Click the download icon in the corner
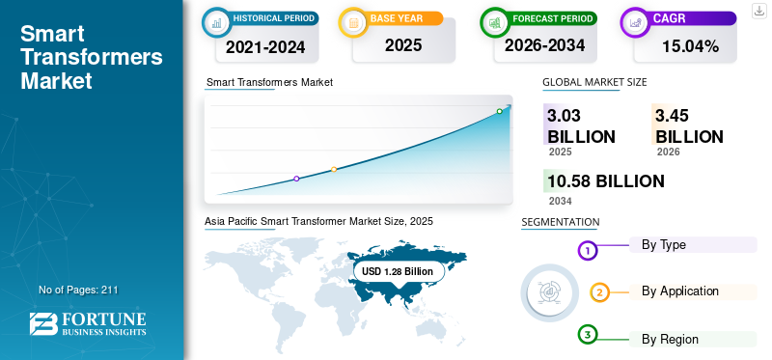pyautogui.click(x=759, y=11)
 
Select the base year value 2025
pyautogui.click(x=403, y=45)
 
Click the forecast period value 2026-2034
pyautogui.click(x=544, y=45)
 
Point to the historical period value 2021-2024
pyautogui.click(x=265, y=46)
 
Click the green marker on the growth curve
pyautogui.click(x=499, y=111)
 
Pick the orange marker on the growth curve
pyautogui.click(x=334, y=170)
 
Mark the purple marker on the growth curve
pyautogui.click(x=296, y=179)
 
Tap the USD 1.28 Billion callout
pyautogui.click(x=398, y=271)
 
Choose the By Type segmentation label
pyautogui.click(x=663, y=245)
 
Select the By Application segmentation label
pyautogui.click(x=680, y=291)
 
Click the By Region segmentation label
pyautogui.click(x=670, y=340)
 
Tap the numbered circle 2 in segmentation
pyautogui.click(x=599, y=293)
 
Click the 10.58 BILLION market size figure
pyautogui.click(x=606, y=181)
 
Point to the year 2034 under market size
pyautogui.click(x=561, y=201)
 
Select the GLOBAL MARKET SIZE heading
pyautogui.click(x=594, y=82)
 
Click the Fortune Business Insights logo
pyautogui.click(x=88, y=324)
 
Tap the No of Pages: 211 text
pyautogui.click(x=78, y=291)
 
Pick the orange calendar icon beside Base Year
pyautogui.click(x=353, y=22)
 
